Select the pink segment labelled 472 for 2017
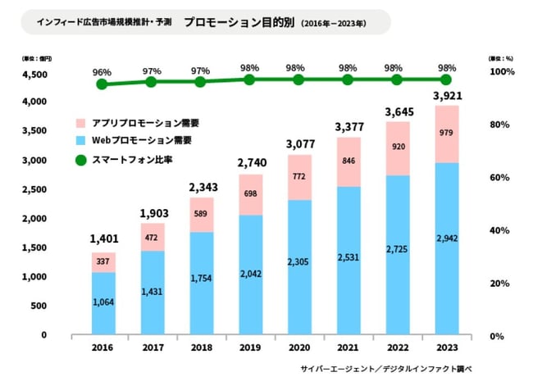pos(152,237)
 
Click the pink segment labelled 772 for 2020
pos(299,177)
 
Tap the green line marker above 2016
pos(102,84)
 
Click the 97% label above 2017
pos(152,71)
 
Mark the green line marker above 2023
pos(446,79)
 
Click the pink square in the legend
pos(80,123)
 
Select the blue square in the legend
pos(80,141)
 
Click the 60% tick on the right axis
pos(500,178)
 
